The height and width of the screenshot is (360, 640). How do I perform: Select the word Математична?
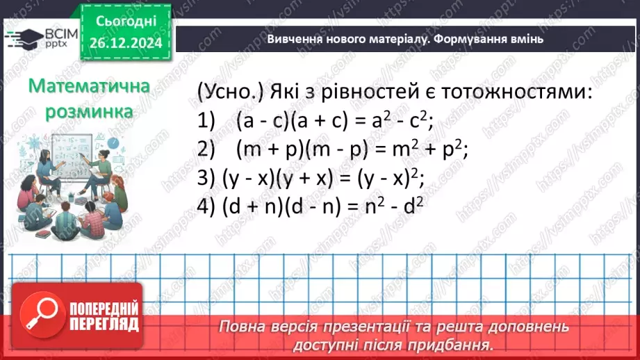pyautogui.click(x=90, y=86)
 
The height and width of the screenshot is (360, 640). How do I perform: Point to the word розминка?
pyautogui.click(x=90, y=111)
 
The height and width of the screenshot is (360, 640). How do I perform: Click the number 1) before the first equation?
pyautogui.click(x=208, y=121)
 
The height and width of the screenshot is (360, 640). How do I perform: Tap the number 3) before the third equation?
pyautogui.click(x=206, y=178)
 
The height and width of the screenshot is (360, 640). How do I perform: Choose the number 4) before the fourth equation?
pyautogui.click(x=207, y=206)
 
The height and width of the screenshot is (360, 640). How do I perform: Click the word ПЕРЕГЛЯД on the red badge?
pyautogui.click(x=104, y=324)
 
